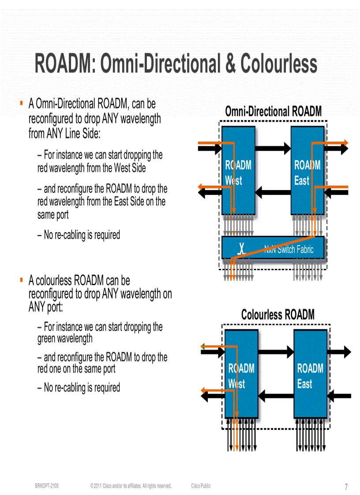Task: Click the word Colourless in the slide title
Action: point(279,64)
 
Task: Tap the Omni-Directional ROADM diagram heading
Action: point(273,112)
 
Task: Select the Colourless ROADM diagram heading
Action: point(277,315)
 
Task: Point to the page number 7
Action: point(346,487)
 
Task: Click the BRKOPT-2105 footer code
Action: point(47,486)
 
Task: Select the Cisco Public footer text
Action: point(201,486)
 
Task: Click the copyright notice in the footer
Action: point(131,486)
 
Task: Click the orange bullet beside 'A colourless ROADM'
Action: point(21,279)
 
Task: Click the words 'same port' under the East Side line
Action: point(53,216)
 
